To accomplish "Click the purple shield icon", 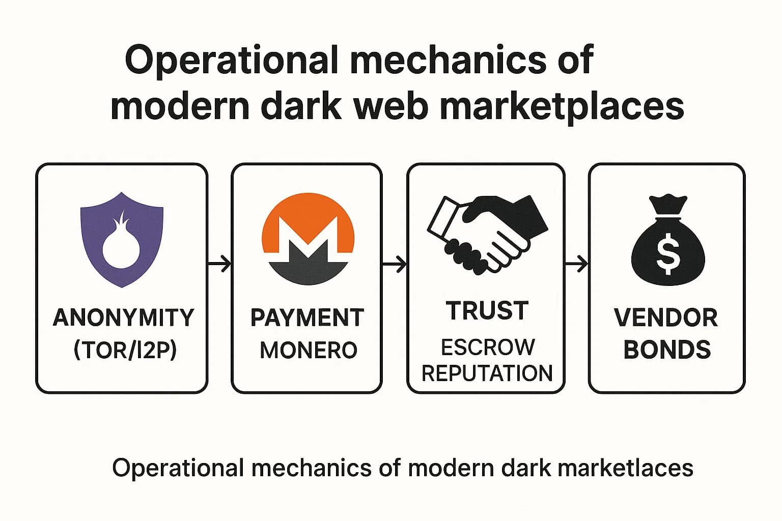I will [122, 239].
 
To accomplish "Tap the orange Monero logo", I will [308, 238].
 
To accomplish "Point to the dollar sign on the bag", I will [667, 254].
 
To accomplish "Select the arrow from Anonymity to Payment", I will [219, 264].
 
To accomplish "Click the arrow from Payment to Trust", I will [394, 264].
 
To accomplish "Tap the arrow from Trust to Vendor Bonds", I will [576, 264].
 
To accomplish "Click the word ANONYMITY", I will [123, 318].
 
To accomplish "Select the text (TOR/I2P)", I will [125, 350].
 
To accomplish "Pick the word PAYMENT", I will [308, 318].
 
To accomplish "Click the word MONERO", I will [309, 351].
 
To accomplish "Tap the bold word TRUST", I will [487, 311].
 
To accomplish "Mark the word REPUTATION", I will [487, 373].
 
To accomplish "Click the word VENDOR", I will [666, 318].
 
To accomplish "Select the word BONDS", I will [667, 350].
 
